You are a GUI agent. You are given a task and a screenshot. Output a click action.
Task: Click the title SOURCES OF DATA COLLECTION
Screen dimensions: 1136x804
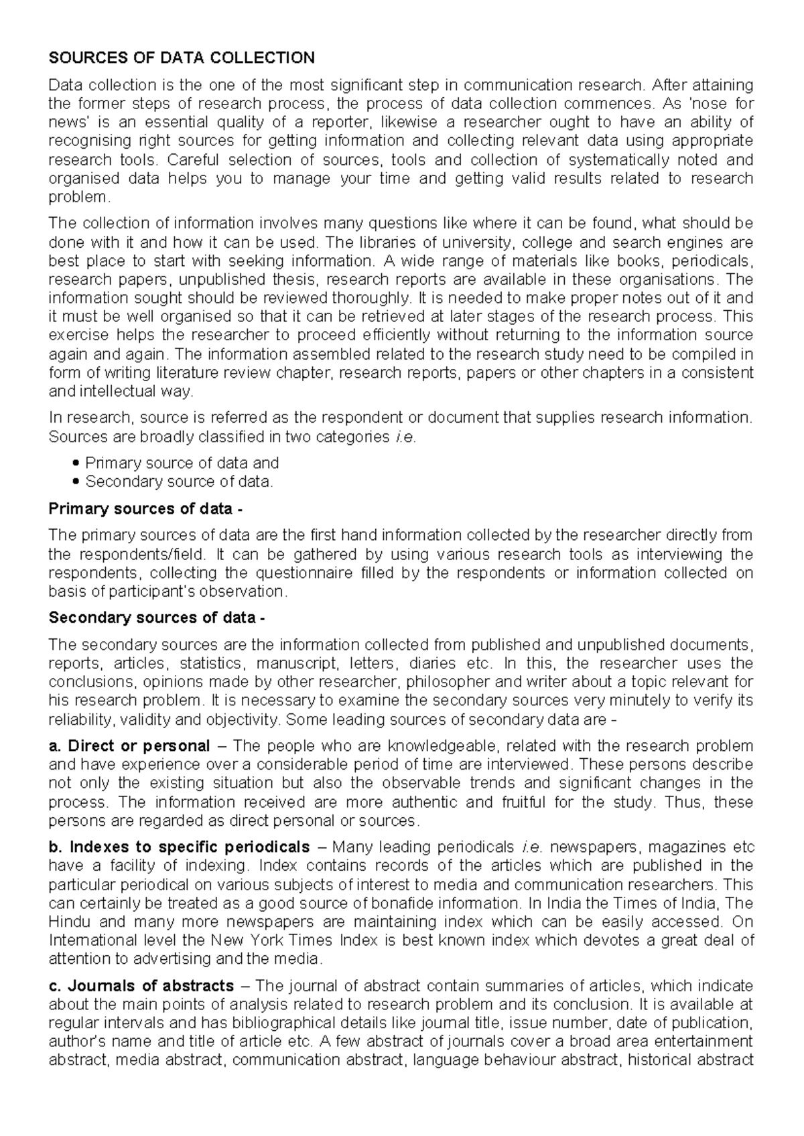(x=182, y=58)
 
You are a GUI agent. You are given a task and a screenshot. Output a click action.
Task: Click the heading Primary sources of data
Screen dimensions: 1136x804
(x=145, y=508)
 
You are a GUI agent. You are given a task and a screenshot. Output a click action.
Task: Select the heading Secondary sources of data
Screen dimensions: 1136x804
(x=157, y=618)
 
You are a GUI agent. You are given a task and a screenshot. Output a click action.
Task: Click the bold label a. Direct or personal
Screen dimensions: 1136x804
(x=130, y=745)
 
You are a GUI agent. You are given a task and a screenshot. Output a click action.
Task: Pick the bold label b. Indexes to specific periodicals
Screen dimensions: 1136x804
(x=180, y=846)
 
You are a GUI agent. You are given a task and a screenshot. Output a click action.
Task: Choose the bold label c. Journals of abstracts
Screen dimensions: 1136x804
(x=141, y=985)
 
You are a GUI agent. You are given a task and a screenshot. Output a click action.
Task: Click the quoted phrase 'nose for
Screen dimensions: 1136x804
(x=724, y=104)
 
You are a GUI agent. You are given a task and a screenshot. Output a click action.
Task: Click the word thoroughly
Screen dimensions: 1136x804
(x=369, y=297)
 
